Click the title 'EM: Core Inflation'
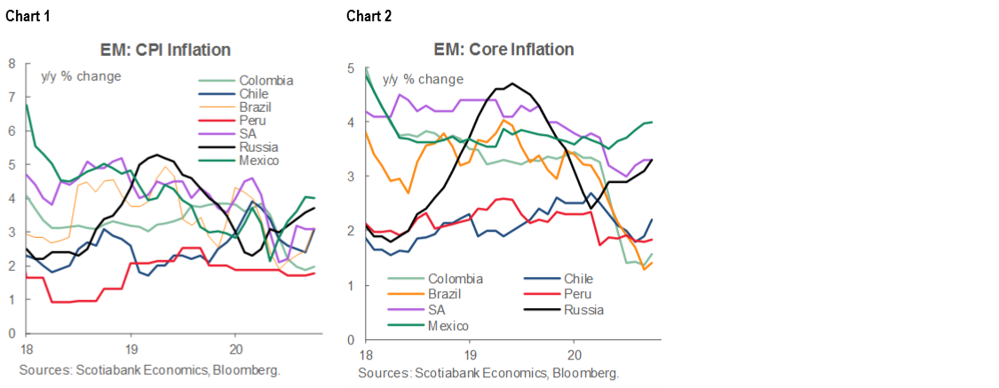click(503, 50)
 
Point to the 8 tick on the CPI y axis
click(12, 63)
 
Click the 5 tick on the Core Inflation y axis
click(352, 68)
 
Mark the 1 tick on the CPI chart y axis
click(12, 300)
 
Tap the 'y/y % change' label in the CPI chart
click(81, 75)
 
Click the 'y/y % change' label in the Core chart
click(423, 79)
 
